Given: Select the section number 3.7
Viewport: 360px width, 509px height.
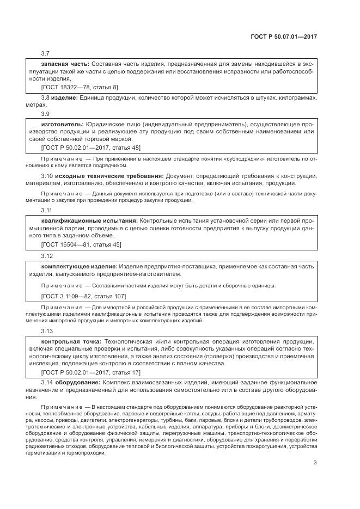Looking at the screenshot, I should (x=46, y=53).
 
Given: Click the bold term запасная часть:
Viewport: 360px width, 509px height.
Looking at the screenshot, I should (x=65, y=64).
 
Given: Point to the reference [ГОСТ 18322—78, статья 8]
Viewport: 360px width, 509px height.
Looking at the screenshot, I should (x=80, y=87).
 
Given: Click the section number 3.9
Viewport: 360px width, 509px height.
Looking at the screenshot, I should (x=46, y=114).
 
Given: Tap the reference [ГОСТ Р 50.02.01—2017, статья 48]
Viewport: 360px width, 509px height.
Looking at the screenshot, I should (x=90, y=147).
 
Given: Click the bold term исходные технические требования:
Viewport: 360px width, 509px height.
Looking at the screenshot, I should (x=106, y=176).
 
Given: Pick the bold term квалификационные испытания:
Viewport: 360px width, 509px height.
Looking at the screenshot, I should (x=89, y=221).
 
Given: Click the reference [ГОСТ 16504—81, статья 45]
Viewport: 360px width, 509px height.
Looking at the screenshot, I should (x=81, y=244).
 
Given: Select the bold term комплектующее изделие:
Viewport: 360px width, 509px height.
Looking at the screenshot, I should (x=79, y=266).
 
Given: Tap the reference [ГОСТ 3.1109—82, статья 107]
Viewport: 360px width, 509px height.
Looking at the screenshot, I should (x=83, y=296).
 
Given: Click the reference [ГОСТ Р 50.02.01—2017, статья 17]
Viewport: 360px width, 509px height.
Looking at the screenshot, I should (x=90, y=372).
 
